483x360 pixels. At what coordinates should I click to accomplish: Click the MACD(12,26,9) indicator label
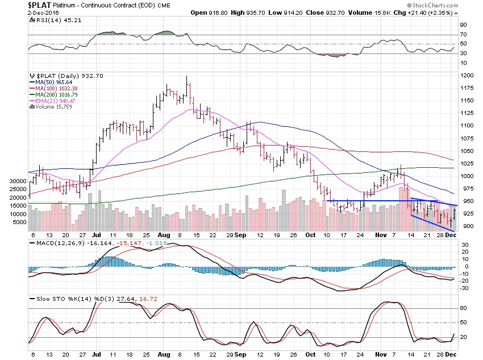point(56,243)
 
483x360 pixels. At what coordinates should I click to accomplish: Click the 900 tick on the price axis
point(467,226)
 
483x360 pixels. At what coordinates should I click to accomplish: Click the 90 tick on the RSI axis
point(464,24)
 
